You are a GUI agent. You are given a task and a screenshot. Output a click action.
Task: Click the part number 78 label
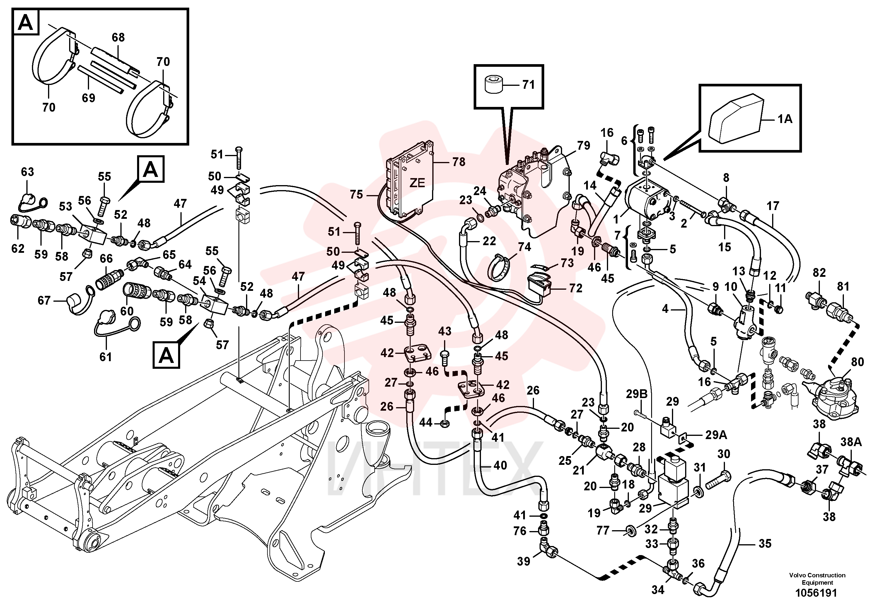[458, 162]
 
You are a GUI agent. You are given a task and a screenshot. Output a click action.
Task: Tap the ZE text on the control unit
[417, 183]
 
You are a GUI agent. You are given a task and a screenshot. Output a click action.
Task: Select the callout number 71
[528, 85]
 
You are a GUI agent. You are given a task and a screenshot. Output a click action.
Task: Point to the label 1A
[785, 119]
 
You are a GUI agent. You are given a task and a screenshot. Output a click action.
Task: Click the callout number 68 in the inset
[118, 37]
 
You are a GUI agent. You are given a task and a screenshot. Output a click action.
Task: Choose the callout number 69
[88, 98]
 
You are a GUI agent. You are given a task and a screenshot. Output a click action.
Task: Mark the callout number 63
[27, 172]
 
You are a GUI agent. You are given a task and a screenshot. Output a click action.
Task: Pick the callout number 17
[773, 206]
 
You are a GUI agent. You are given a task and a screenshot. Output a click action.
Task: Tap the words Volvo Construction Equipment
[817, 579]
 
